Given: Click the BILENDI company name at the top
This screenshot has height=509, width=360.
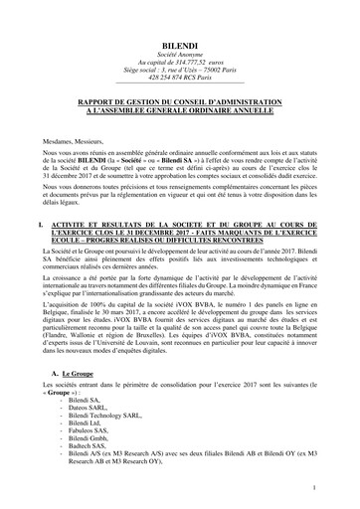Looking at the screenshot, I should (180, 47).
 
